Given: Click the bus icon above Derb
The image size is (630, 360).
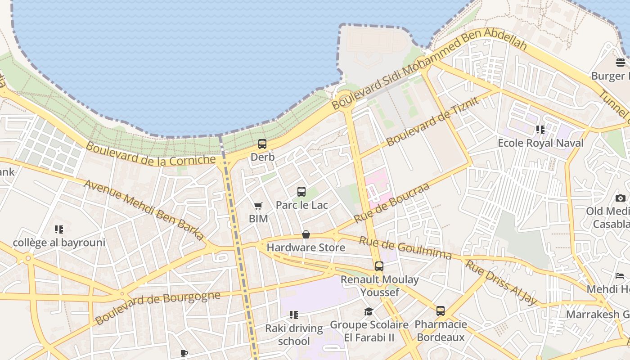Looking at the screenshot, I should click(262, 144).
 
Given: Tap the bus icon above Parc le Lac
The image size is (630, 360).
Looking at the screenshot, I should click(301, 192).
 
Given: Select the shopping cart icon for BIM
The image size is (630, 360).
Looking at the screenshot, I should click(258, 206).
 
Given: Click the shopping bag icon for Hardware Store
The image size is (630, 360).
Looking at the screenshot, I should click(306, 234).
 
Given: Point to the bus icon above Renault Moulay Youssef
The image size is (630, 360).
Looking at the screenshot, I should click(379, 266).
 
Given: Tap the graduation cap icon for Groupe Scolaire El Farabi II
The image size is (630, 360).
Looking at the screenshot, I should click(369, 311).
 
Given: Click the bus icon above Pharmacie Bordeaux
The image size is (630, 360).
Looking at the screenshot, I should click(441, 311).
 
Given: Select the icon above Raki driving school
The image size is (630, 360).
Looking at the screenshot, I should click(294, 315).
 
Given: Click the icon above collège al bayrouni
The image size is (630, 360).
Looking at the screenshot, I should click(58, 229).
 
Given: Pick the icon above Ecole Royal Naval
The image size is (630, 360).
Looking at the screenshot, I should click(540, 130).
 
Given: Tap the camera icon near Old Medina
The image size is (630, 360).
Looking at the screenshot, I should click(621, 198).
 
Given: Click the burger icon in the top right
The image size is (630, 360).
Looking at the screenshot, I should click(621, 62).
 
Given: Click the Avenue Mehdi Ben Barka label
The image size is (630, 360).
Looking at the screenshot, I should click(144, 210).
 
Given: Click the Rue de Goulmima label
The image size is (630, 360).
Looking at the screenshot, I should click(405, 248).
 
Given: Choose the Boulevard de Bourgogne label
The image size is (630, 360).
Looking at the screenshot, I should click(157, 308).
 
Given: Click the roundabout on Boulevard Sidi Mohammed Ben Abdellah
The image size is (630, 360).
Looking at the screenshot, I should click(345, 98).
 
